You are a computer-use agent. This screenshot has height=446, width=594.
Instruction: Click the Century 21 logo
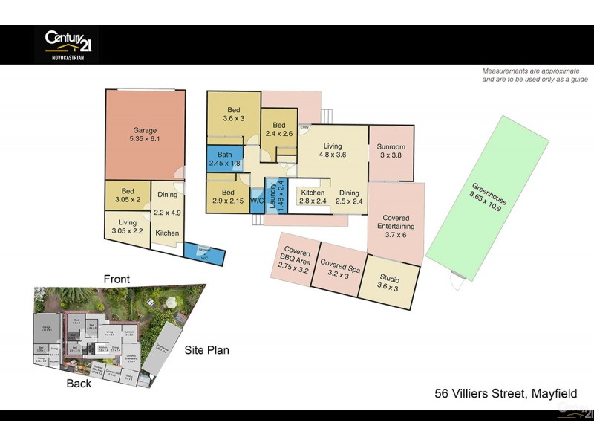tap(68, 44)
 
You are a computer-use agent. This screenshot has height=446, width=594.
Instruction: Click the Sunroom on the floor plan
tap(391, 152)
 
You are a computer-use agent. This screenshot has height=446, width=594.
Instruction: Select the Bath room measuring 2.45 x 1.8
tap(224, 158)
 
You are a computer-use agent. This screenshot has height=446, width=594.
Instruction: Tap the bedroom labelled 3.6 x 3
tap(234, 114)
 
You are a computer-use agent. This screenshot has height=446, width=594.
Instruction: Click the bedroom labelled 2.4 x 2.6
tap(279, 129)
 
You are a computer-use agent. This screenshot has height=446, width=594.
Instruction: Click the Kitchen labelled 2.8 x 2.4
tap(313, 196)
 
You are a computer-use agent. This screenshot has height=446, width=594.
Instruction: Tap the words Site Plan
tap(207, 350)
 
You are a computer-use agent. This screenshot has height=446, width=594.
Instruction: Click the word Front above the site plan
tap(117, 279)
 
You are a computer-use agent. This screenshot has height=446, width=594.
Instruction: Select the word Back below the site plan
tap(79, 384)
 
